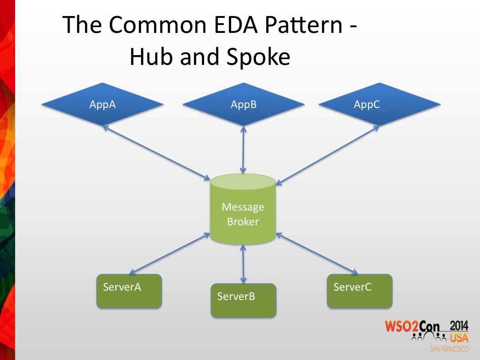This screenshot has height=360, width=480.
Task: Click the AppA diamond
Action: pos(103,105)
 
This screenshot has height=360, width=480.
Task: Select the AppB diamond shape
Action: pos(244,105)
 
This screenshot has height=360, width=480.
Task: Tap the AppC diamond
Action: pos(379,105)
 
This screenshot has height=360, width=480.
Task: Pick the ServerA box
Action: pos(129,291)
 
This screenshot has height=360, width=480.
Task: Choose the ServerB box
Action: pos(243,300)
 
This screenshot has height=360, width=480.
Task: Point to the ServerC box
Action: pos(360,291)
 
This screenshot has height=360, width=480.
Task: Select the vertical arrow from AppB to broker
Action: pos(243,149)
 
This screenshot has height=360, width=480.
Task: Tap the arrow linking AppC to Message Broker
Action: pos(328,154)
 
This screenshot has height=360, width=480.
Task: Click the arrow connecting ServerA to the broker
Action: pos(169,253)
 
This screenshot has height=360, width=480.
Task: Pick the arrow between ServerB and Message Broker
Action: pos(243,263)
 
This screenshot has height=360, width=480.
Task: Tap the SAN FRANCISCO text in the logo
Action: pos(449,349)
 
